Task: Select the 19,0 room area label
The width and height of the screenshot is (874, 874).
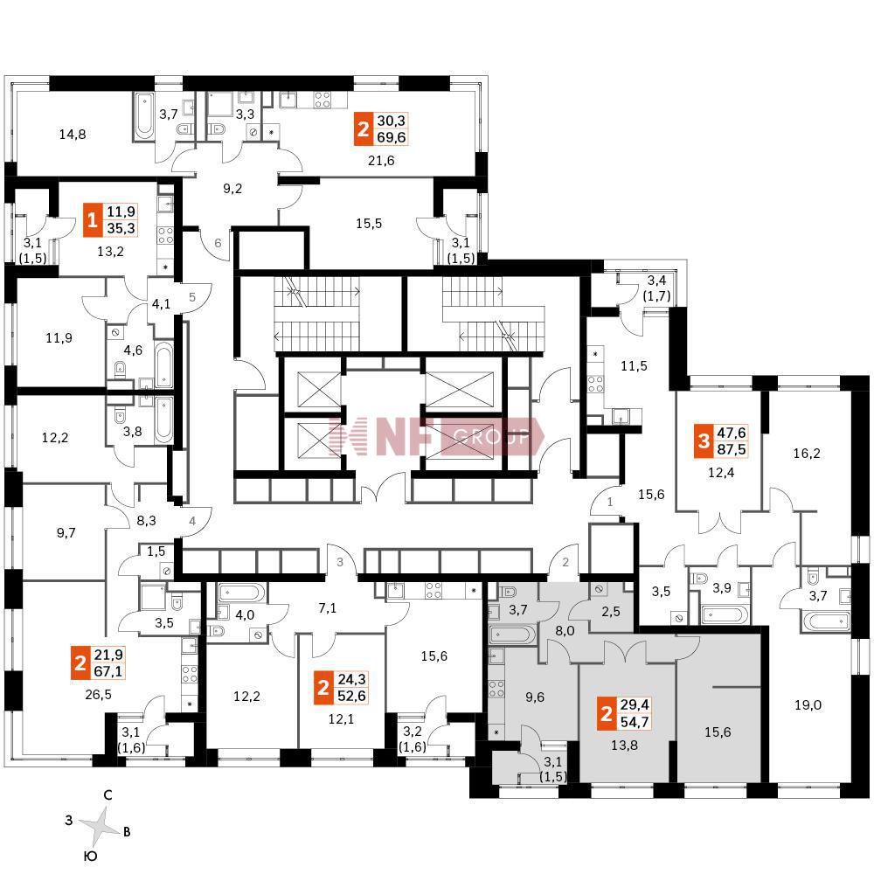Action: pyautogui.click(x=810, y=704)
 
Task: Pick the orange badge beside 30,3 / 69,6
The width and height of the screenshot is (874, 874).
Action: pyautogui.click(x=363, y=130)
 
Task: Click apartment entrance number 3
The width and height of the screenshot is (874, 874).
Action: pyautogui.click(x=338, y=562)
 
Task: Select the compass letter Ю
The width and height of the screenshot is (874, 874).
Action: pyautogui.click(x=89, y=857)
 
